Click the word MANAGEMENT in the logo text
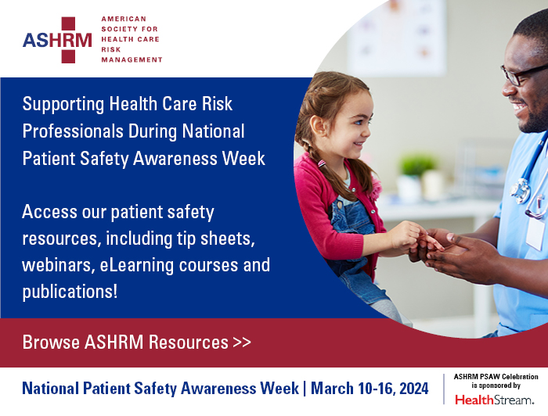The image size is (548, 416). [x=132, y=59]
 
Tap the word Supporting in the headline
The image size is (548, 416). [x=59, y=105]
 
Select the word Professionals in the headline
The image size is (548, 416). [x=74, y=131]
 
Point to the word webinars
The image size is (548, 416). [x=56, y=265]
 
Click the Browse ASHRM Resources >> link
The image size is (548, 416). [x=137, y=342]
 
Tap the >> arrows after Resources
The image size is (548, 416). [x=242, y=342]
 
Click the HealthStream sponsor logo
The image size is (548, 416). [x=496, y=400]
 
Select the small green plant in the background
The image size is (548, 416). [x=416, y=165]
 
